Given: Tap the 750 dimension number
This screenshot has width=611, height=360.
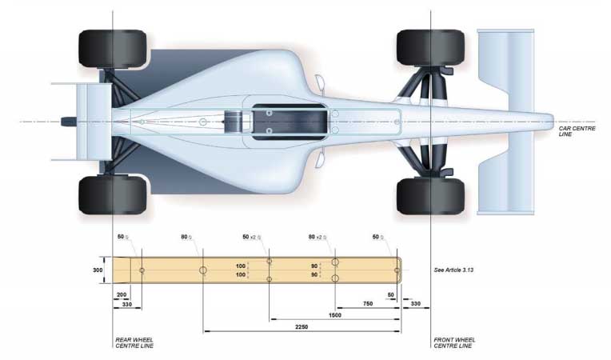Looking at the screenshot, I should (366, 304).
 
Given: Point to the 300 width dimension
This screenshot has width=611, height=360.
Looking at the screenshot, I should (98, 270).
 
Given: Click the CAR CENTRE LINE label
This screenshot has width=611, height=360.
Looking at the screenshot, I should (573, 131).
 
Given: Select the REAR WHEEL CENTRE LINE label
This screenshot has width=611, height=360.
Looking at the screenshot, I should (135, 344).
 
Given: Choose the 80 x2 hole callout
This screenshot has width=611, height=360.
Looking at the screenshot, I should (316, 238).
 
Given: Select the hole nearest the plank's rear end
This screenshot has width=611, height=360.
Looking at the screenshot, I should (142, 270).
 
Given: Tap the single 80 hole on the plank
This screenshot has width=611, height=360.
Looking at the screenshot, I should (204, 270).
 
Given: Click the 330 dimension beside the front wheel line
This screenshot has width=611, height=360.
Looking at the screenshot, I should (416, 304).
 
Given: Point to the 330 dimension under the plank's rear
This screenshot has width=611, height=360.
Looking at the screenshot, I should (126, 305).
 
